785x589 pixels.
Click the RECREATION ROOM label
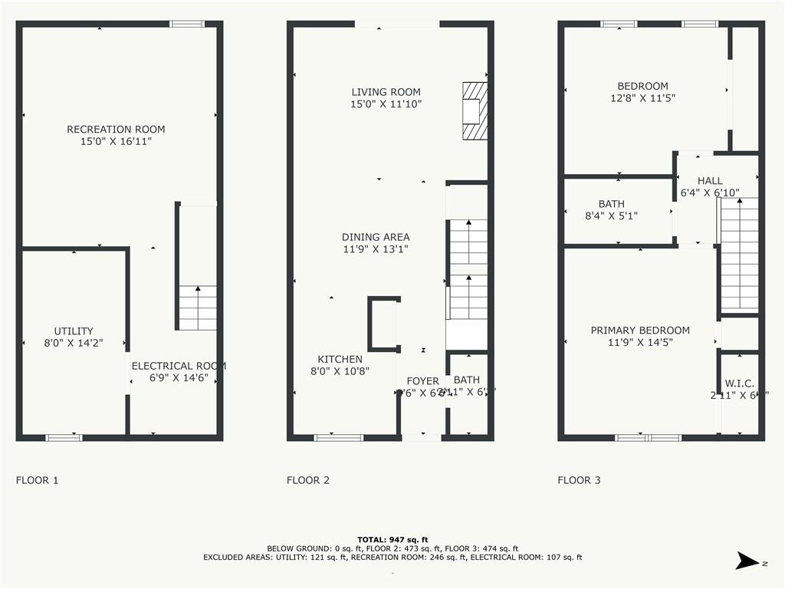pyautogui.click(x=116, y=130)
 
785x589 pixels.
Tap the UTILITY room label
pyautogui.click(x=74, y=331)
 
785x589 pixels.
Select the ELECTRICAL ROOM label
pyautogui.click(x=179, y=367)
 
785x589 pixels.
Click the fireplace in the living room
pyautogui.click(x=475, y=111)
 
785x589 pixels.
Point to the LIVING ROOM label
pyautogui.click(x=386, y=92)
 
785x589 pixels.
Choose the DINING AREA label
pyautogui.click(x=376, y=237)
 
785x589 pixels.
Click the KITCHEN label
pyautogui.click(x=340, y=359)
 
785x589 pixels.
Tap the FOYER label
pyautogui.click(x=422, y=381)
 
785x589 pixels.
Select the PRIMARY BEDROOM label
pyautogui.click(x=640, y=331)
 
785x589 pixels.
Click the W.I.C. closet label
pyautogui.click(x=740, y=383)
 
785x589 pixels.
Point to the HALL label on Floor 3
pyautogui.click(x=710, y=181)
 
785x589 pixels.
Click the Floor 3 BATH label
pyautogui.click(x=611, y=204)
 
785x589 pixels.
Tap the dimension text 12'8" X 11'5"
pyautogui.click(x=642, y=98)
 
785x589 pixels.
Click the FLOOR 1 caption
pyautogui.click(x=37, y=481)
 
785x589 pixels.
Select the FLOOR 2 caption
pyautogui.click(x=308, y=481)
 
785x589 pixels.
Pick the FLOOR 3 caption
pyautogui.click(x=579, y=481)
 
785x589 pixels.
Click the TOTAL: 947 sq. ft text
pyautogui.click(x=392, y=539)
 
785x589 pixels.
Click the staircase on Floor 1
pyautogui.click(x=198, y=307)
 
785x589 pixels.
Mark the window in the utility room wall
pyautogui.click(x=64, y=437)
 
